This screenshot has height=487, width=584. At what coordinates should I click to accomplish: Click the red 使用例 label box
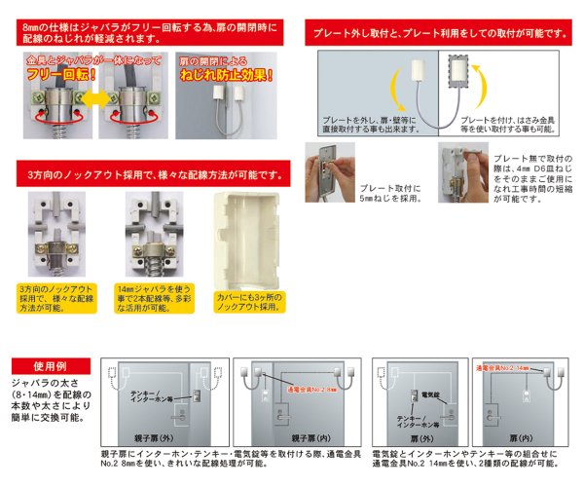[49, 366]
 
